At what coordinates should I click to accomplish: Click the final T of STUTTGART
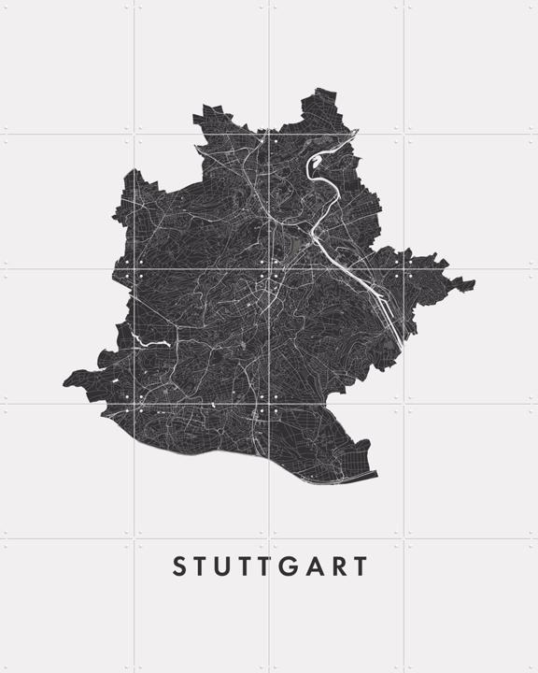pyautogui.click(x=360, y=566)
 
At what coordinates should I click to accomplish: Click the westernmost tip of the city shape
pyautogui.click(x=64, y=381)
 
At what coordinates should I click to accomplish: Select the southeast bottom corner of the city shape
pyautogui.click(x=377, y=475)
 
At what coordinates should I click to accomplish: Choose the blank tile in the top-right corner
pyautogui.click(x=471, y=65)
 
